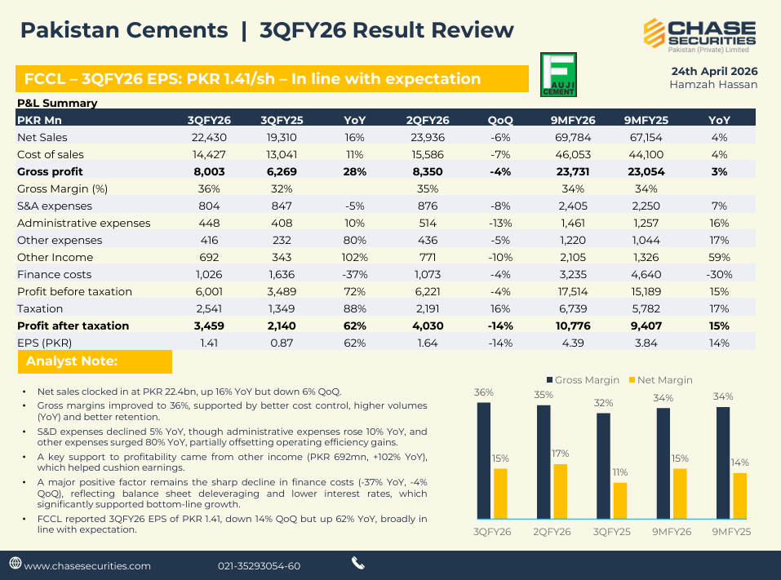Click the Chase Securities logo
tap(700, 33)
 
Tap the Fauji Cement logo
tap(559, 75)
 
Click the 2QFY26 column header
tap(428, 120)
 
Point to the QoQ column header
tap(500, 120)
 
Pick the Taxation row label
tap(40, 308)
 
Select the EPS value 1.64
tap(428, 343)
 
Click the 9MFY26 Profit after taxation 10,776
tap(573, 325)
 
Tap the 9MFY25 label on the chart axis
tap(731, 531)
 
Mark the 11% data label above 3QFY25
tap(620, 472)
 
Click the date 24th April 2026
tap(713, 70)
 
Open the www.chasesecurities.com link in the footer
tap(87, 565)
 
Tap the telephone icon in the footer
tap(358, 563)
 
